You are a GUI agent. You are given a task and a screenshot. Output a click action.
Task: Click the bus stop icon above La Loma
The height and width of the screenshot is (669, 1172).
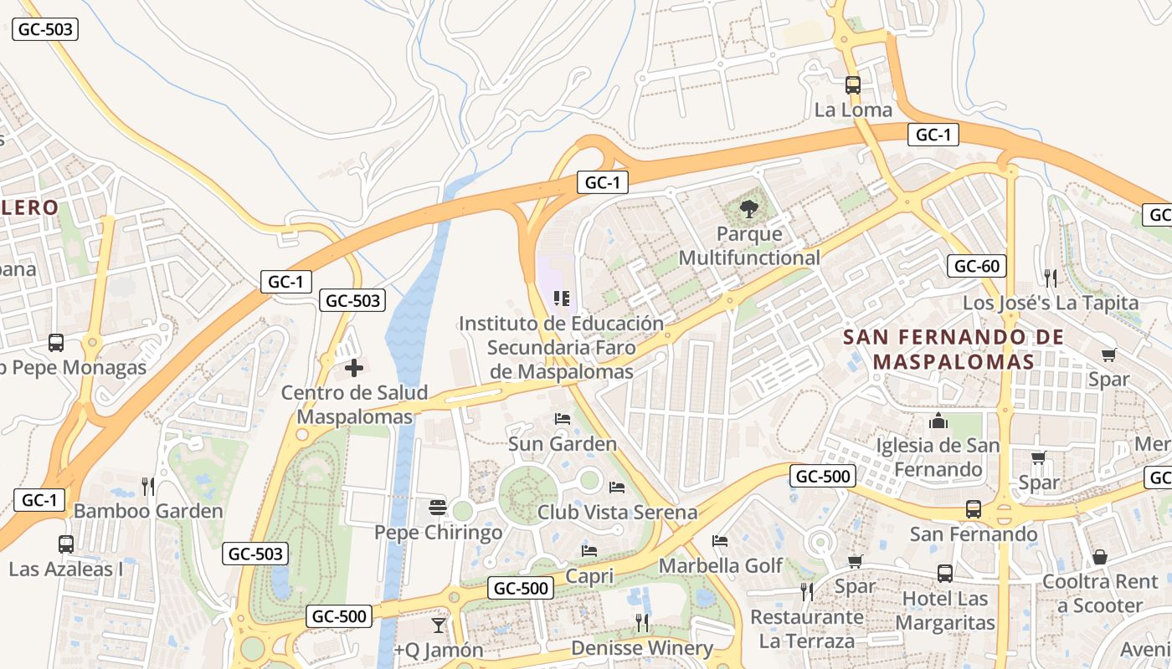(853, 85)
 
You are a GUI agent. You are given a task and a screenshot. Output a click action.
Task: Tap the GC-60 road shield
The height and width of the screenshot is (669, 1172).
(977, 267)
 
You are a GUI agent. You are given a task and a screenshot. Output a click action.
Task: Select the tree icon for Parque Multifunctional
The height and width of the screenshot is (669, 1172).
(749, 208)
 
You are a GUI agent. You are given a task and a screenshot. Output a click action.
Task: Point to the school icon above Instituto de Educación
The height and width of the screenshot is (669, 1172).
(562, 298)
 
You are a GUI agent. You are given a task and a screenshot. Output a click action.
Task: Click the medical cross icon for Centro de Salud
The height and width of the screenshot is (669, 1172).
(354, 367)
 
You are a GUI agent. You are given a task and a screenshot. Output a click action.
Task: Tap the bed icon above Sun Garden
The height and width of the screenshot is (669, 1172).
(563, 418)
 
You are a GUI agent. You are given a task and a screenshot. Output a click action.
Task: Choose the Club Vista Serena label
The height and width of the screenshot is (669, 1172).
(617, 512)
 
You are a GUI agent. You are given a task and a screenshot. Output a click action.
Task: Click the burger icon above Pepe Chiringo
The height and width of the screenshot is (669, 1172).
(437, 507)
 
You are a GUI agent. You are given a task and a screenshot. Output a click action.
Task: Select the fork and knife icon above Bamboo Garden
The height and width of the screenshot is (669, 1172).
(148, 486)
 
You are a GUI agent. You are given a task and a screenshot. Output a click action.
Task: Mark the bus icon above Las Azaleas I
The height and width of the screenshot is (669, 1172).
(66, 544)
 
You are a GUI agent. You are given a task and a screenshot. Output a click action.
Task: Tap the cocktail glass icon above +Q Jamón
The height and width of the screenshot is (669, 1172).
(438, 625)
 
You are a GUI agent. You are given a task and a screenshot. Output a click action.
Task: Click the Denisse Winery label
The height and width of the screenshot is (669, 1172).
(641, 648)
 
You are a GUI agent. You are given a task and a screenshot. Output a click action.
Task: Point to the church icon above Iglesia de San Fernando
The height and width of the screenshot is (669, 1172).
(938, 421)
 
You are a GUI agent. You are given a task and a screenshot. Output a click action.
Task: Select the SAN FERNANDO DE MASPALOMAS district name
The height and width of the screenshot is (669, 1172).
(953, 350)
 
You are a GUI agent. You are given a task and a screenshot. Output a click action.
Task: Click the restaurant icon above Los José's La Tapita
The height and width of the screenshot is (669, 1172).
(1050, 278)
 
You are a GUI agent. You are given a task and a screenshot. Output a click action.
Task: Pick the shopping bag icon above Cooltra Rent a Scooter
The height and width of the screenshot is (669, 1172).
(1100, 557)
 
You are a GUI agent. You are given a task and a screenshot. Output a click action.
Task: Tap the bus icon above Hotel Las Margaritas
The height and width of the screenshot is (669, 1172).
(945, 574)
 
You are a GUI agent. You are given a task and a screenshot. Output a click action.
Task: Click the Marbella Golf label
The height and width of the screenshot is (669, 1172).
(721, 566)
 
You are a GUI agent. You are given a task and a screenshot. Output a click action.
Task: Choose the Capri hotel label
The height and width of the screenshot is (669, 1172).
(589, 576)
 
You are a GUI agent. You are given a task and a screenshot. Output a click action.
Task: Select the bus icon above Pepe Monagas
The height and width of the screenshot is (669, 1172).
(56, 343)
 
